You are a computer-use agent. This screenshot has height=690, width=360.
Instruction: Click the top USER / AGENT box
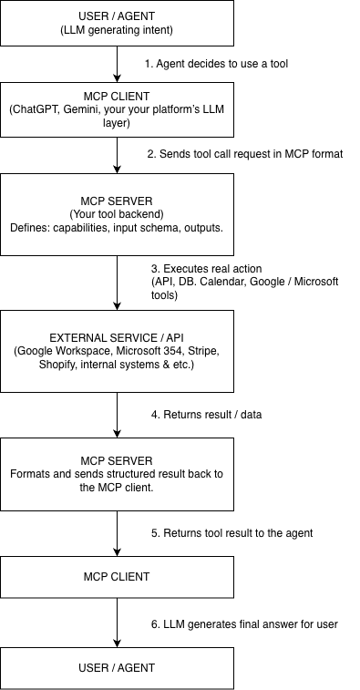(x=118, y=23)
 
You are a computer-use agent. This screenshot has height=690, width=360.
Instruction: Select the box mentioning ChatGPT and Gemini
(x=118, y=109)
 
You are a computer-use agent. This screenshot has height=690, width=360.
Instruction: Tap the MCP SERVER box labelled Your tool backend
(x=118, y=214)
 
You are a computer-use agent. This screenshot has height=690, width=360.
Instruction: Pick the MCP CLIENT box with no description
(x=118, y=577)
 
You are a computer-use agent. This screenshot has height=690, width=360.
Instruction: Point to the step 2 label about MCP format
(x=244, y=154)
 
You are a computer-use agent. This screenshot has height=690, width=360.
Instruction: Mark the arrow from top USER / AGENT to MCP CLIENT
(x=118, y=64)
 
